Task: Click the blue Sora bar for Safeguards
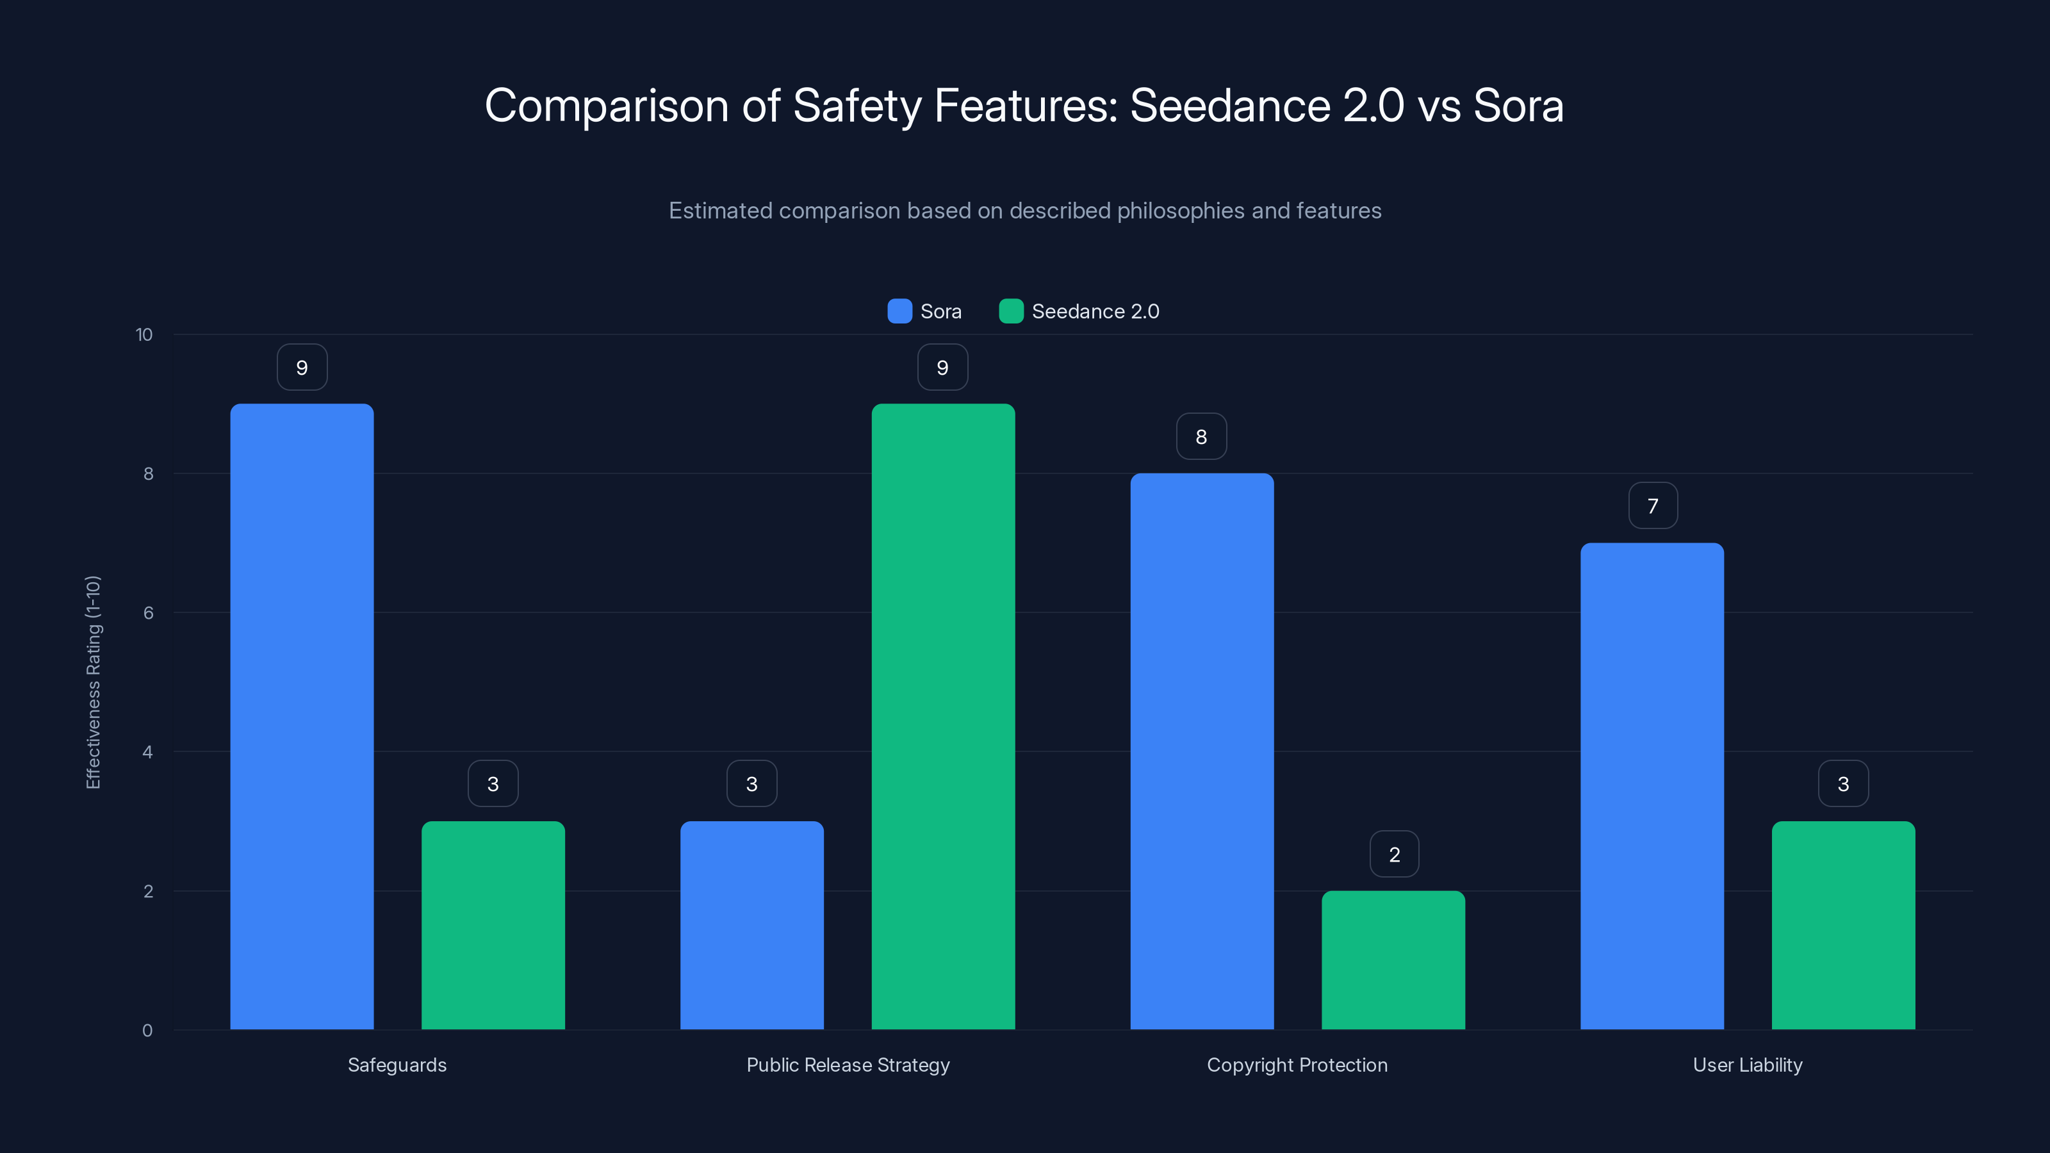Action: click(x=302, y=716)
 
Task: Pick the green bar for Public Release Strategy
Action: click(x=943, y=716)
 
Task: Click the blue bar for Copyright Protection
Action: click(x=1202, y=751)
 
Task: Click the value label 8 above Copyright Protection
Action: click(x=1202, y=436)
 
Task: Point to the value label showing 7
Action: click(x=1653, y=505)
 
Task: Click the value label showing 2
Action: click(x=1394, y=854)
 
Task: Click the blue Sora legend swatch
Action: click(x=899, y=311)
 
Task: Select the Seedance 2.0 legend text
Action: click(x=1095, y=311)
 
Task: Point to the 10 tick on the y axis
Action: click(x=144, y=334)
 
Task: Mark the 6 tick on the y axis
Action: click(x=148, y=613)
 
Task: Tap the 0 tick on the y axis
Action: click(x=147, y=1031)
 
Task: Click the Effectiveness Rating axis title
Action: click(x=93, y=682)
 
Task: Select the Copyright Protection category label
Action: click(x=1297, y=1065)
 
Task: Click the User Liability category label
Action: click(x=1748, y=1065)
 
